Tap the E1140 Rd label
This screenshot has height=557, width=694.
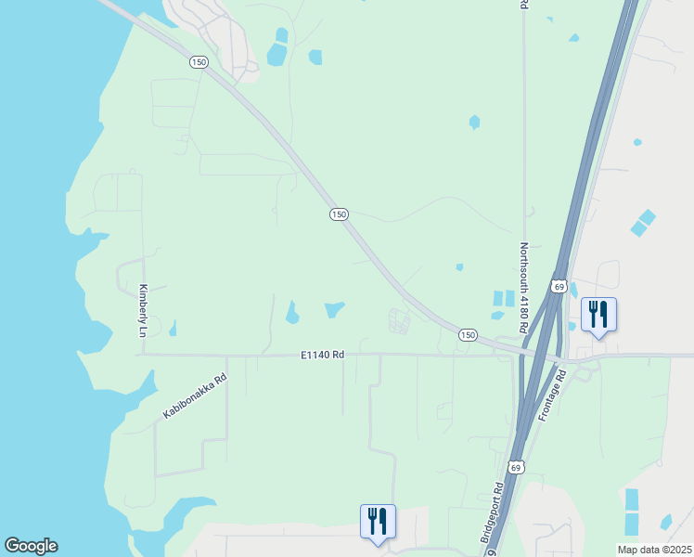pyautogui.click(x=322, y=355)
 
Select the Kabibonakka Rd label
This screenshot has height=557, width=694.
pyautogui.click(x=195, y=395)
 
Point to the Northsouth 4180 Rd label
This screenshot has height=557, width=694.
pyautogui.click(x=523, y=288)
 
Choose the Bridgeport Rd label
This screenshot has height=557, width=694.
pyautogui.click(x=493, y=513)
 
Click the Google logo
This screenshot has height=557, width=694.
pyautogui.click(x=31, y=546)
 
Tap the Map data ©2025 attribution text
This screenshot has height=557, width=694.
pyautogui.click(x=653, y=550)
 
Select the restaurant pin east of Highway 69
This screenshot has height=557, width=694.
pyautogui.click(x=598, y=315)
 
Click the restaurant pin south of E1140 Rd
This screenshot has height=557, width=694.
pyautogui.click(x=378, y=522)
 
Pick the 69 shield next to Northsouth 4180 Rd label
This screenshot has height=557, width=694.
pyautogui.click(x=559, y=285)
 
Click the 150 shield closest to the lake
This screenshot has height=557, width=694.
pyautogui.click(x=198, y=61)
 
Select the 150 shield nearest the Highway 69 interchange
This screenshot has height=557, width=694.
pyautogui.click(x=468, y=334)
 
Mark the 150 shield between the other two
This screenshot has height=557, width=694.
pyautogui.click(x=339, y=214)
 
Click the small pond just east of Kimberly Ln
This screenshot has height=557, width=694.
pyautogui.click(x=173, y=328)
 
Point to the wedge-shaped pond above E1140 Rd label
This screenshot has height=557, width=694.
pyautogui.click(x=334, y=309)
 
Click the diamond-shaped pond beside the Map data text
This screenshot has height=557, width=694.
pyautogui.click(x=665, y=522)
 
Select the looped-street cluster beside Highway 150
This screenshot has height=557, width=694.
pyautogui.click(x=399, y=321)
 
